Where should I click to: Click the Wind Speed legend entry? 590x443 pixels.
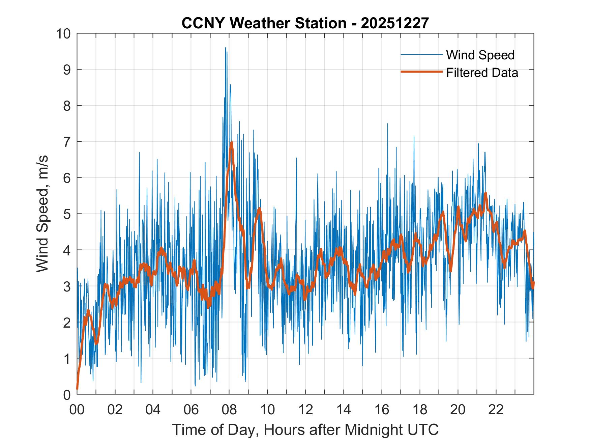tap(480, 55)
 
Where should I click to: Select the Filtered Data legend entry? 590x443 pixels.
tap(482, 73)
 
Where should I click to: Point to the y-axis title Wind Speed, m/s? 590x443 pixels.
tap(43, 214)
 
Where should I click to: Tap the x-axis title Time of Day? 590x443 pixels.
tap(305, 430)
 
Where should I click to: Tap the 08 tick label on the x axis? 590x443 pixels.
tap(229, 410)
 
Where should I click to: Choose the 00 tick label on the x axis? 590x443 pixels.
tap(77, 410)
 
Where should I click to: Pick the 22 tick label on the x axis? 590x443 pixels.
tap(496, 410)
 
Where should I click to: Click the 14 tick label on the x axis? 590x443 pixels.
tap(344, 410)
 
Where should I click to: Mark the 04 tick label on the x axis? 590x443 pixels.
tap(153, 410)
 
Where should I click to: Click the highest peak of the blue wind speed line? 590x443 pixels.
tap(226, 48)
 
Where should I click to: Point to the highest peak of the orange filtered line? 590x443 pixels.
tap(232, 142)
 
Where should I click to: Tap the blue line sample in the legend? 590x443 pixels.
tap(421, 55)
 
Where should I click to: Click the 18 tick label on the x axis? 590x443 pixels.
tap(420, 410)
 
